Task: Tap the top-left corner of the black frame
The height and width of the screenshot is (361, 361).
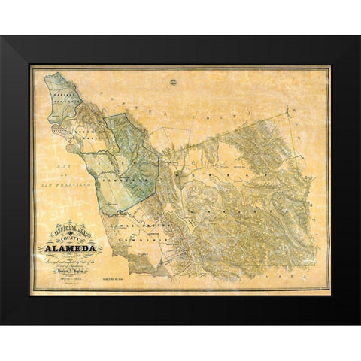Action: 2,37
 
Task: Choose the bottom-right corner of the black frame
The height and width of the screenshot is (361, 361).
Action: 359,324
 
